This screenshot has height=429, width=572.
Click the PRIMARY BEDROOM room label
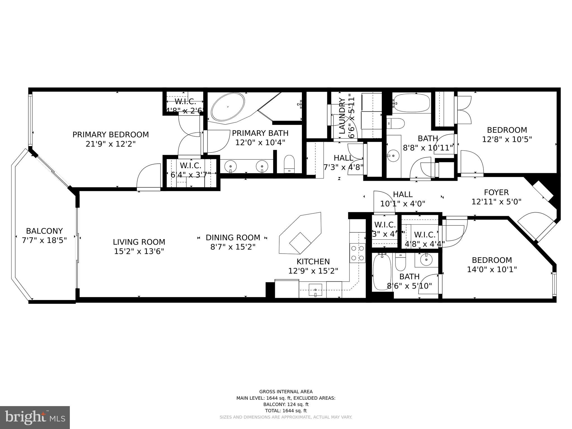pyautogui.click(x=111, y=135)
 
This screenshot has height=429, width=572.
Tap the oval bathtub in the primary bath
pyautogui.click(x=228, y=107)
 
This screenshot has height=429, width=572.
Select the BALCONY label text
pyautogui.click(x=44, y=231)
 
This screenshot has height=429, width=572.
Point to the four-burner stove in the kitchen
pyautogui.click(x=357, y=253)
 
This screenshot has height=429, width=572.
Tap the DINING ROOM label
pyautogui.click(x=233, y=238)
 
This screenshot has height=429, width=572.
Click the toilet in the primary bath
pyautogui.click(x=289, y=164)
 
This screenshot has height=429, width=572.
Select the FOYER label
pyautogui.click(x=496, y=192)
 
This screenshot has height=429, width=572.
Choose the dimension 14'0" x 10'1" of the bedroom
pyautogui.click(x=492, y=270)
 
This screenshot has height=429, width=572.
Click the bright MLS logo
pyautogui.click(x=35, y=417)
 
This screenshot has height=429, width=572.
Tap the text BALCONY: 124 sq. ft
pyautogui.click(x=286, y=404)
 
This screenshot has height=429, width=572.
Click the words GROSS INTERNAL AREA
pyautogui.click(x=286, y=392)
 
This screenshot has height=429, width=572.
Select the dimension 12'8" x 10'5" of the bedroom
pyautogui.click(x=507, y=139)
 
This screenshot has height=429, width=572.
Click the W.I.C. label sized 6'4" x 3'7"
pyautogui.click(x=191, y=166)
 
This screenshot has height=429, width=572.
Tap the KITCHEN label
pyautogui.click(x=313, y=262)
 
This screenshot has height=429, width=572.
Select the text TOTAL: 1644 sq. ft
pyautogui.click(x=286, y=411)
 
